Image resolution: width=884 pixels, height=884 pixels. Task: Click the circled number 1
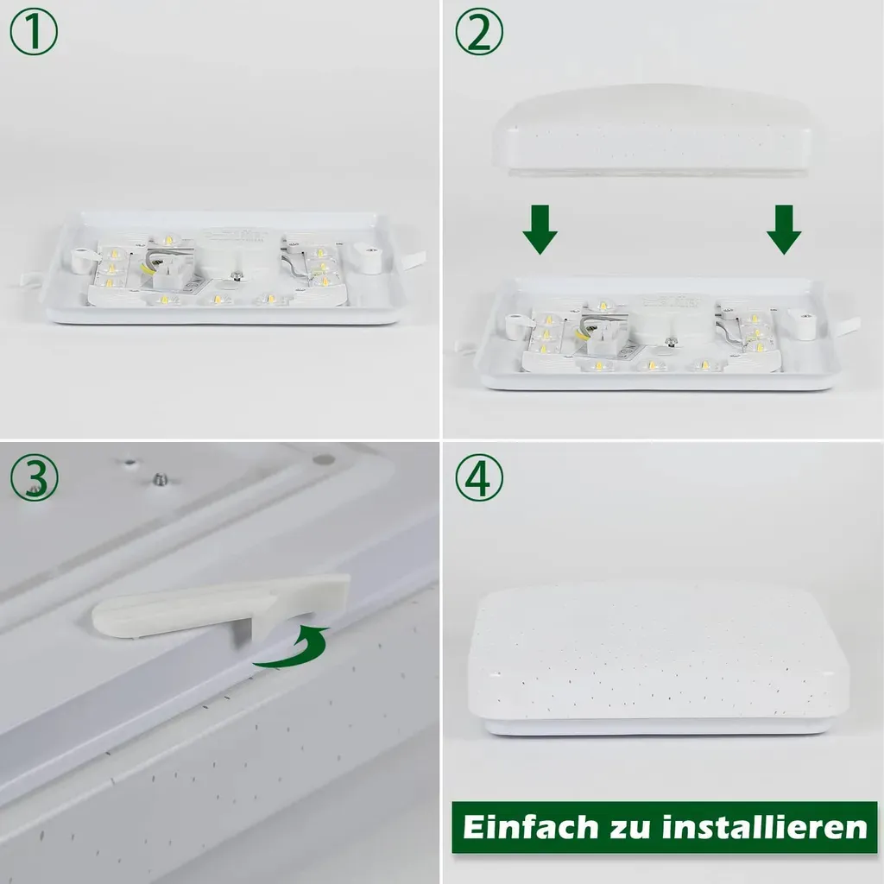click(x=34, y=32)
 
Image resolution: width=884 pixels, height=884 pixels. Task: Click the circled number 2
click(x=478, y=32)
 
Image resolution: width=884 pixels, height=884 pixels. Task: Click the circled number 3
click(x=34, y=478)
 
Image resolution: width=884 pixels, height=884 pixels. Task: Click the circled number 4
click(x=478, y=478)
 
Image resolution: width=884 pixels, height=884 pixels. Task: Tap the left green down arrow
click(x=540, y=230)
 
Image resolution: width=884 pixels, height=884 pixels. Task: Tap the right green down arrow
click(x=784, y=230)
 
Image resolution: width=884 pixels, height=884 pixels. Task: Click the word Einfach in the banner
click(x=531, y=828)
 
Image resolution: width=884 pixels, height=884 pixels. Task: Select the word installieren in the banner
click(x=765, y=828)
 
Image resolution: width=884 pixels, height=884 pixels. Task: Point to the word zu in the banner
click(x=630, y=830)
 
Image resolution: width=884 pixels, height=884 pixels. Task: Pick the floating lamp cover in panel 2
click(x=651, y=130)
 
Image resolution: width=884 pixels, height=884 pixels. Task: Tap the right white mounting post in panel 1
click(x=367, y=256)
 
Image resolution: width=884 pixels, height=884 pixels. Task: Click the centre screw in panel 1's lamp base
click(x=237, y=277)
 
